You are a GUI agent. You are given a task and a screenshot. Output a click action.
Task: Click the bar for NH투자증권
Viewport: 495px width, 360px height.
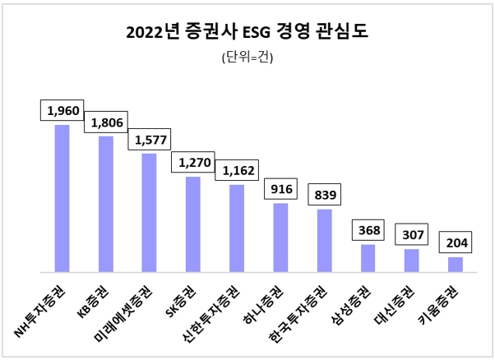point(62,198)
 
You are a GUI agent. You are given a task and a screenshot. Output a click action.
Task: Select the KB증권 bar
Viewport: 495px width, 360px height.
point(105,204)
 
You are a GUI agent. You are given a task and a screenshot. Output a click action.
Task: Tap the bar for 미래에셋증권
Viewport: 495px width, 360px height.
point(149,212)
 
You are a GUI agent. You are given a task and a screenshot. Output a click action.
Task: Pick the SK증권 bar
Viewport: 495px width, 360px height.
point(192,224)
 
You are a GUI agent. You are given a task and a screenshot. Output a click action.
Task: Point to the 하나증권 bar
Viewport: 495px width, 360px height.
point(280,237)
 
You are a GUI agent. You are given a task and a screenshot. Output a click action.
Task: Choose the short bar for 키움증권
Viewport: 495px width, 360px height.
point(455,264)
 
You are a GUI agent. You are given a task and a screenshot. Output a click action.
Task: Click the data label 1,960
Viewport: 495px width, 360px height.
point(62,109)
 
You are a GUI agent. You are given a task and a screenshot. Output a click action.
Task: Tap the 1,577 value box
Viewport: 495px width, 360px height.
point(149,138)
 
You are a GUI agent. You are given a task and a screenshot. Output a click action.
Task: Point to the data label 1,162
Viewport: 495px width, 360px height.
point(236,170)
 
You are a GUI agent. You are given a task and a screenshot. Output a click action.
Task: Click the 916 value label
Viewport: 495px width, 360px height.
point(280,188)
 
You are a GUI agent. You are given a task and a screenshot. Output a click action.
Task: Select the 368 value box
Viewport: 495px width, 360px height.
point(368,229)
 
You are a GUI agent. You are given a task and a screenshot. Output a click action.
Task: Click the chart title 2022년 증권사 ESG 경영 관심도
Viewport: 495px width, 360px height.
point(247,32)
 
